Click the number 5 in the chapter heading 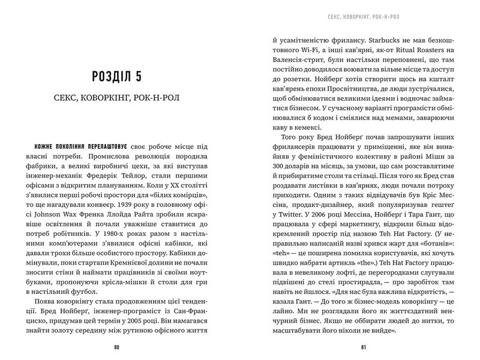[x=158, y=77]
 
